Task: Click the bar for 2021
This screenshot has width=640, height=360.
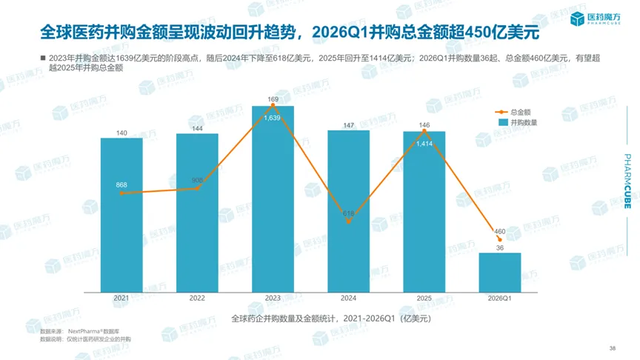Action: click(x=121, y=215)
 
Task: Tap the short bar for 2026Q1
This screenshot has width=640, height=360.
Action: click(x=499, y=272)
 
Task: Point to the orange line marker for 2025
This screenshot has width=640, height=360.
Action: click(x=424, y=131)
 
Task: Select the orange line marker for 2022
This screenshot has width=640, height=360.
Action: click(x=198, y=188)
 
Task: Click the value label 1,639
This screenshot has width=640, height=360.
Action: click(x=273, y=117)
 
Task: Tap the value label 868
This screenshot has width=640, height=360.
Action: click(x=121, y=184)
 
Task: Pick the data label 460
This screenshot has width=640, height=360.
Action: click(x=499, y=232)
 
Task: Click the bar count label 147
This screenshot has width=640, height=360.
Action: click(x=349, y=125)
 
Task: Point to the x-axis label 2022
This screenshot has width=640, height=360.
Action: click(x=197, y=299)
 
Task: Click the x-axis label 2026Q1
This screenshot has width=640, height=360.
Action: click(x=499, y=299)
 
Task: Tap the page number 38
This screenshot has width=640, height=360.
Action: click(x=612, y=347)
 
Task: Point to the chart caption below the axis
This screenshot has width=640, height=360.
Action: click(x=330, y=319)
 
